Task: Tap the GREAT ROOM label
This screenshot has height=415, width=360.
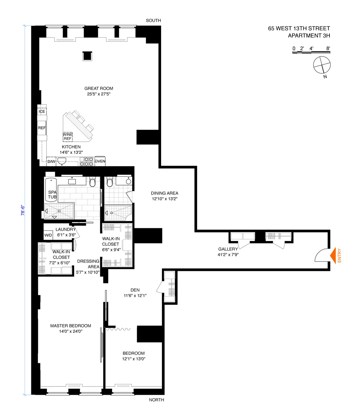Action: [99, 89]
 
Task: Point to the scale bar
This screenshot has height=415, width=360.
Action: [311, 52]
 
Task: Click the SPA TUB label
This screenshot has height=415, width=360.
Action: [52, 194]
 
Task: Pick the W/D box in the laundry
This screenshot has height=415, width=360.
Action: [48, 235]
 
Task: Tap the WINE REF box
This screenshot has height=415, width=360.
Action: [67, 137]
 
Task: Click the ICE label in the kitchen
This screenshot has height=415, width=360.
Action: [42, 111]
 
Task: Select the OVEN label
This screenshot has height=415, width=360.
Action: [100, 161]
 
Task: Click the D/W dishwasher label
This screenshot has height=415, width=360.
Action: [51, 161]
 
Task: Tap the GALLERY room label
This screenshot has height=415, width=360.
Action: [228, 249]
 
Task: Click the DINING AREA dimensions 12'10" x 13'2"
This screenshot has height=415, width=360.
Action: [164, 199]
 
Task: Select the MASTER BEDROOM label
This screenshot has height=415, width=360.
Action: [70, 326]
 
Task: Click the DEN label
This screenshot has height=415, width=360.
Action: [135, 290]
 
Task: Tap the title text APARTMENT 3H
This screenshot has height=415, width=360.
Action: [309, 36]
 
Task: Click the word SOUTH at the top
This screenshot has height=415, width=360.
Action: [153, 20]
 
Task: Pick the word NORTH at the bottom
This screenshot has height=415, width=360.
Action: [156, 400]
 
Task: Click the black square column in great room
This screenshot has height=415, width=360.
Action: [87, 56]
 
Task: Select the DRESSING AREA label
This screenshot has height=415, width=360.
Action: [88, 264]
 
